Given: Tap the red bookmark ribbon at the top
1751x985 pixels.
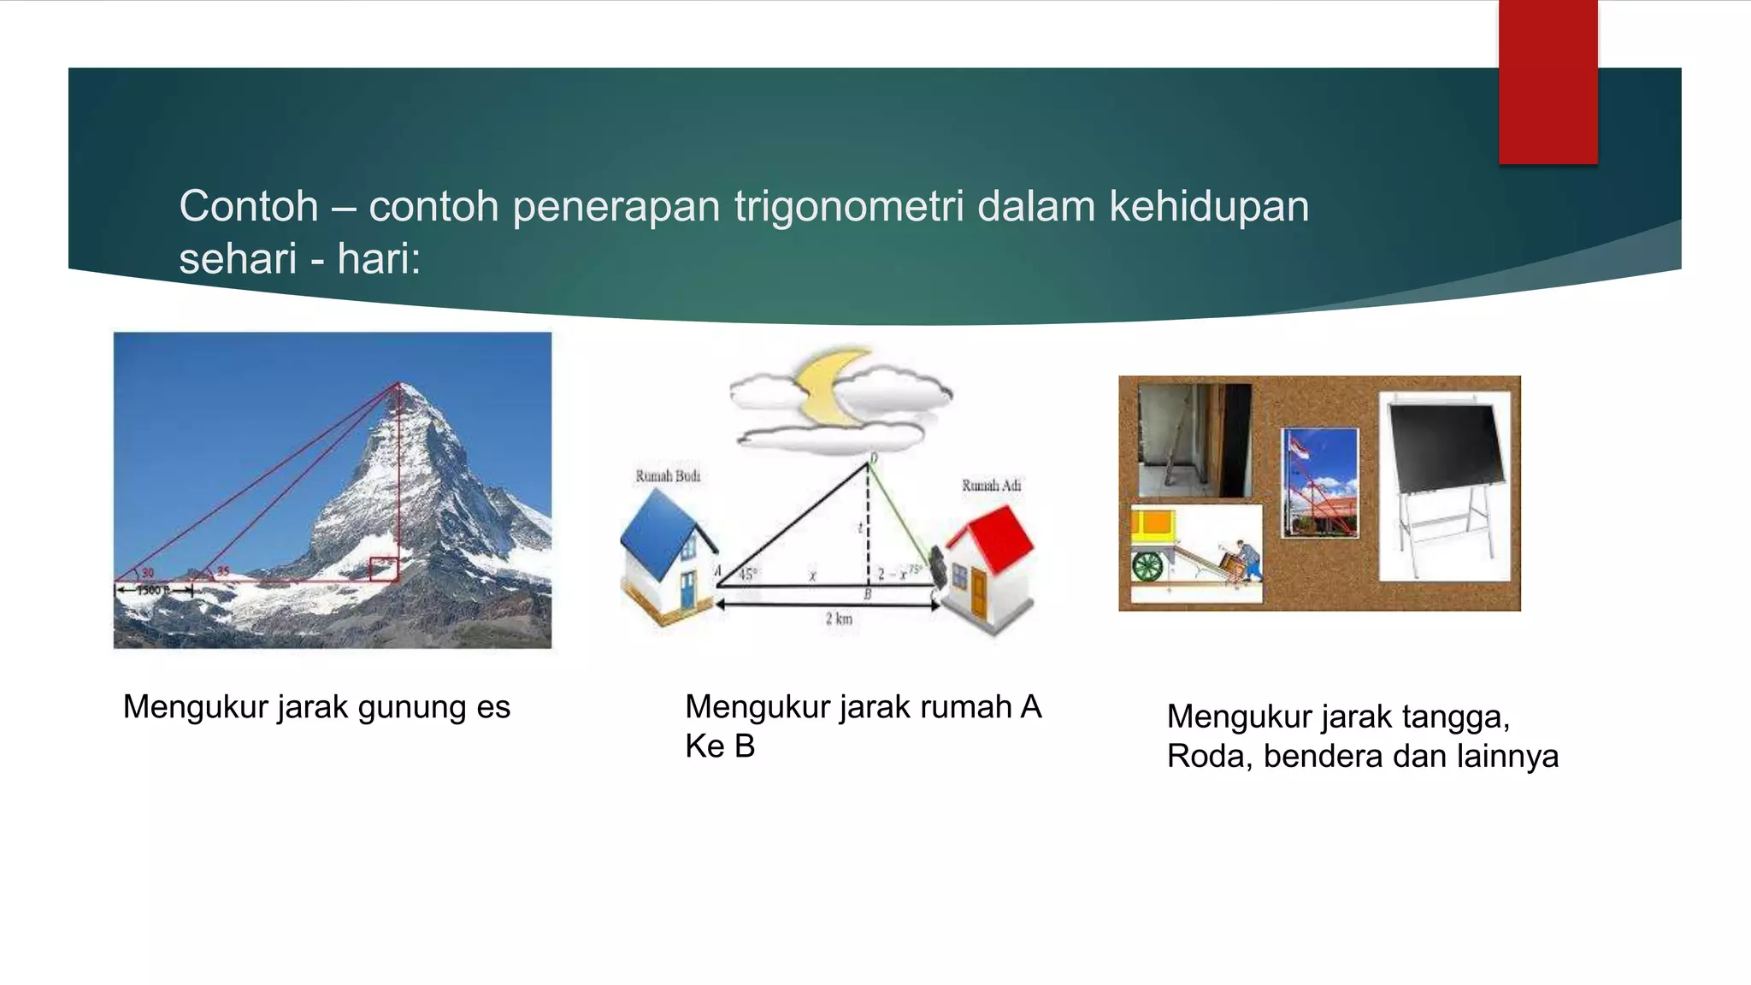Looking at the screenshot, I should click(1548, 82).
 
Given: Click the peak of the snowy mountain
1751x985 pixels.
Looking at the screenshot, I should click(398, 386).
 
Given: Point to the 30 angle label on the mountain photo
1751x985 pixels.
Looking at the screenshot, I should click(148, 573).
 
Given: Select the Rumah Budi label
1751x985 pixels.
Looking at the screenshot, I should click(668, 476).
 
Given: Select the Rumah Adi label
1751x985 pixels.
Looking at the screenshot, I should click(991, 486).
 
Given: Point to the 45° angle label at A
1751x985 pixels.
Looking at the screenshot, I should click(746, 575).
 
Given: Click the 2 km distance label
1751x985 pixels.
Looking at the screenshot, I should click(839, 619).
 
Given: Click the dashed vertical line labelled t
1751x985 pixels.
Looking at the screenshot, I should click(869, 526).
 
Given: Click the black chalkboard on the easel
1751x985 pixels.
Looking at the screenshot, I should click(1444, 448).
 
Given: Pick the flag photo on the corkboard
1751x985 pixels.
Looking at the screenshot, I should click(1319, 482).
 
